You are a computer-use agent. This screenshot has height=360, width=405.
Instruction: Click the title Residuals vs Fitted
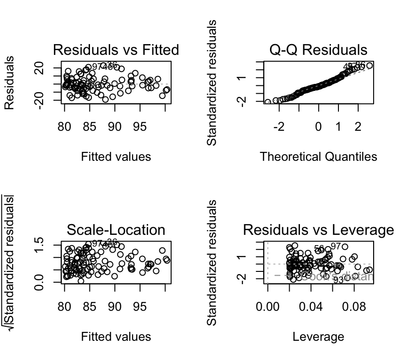[x=116, y=50]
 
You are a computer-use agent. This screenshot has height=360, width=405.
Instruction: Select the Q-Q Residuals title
[x=318, y=50]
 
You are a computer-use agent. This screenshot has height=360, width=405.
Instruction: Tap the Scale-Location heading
[x=116, y=230]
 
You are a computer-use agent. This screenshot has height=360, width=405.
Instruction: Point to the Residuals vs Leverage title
[x=318, y=230]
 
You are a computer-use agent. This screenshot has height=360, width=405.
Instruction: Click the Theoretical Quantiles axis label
[x=318, y=157]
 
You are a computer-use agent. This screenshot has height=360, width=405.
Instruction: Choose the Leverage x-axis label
[x=318, y=337]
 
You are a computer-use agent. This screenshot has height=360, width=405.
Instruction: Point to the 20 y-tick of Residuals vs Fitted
[x=40, y=69]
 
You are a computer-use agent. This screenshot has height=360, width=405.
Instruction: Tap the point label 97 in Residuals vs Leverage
[x=336, y=246]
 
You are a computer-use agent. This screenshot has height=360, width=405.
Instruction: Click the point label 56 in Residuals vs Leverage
[x=319, y=248]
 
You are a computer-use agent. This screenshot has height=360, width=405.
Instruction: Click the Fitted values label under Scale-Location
[x=116, y=337]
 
